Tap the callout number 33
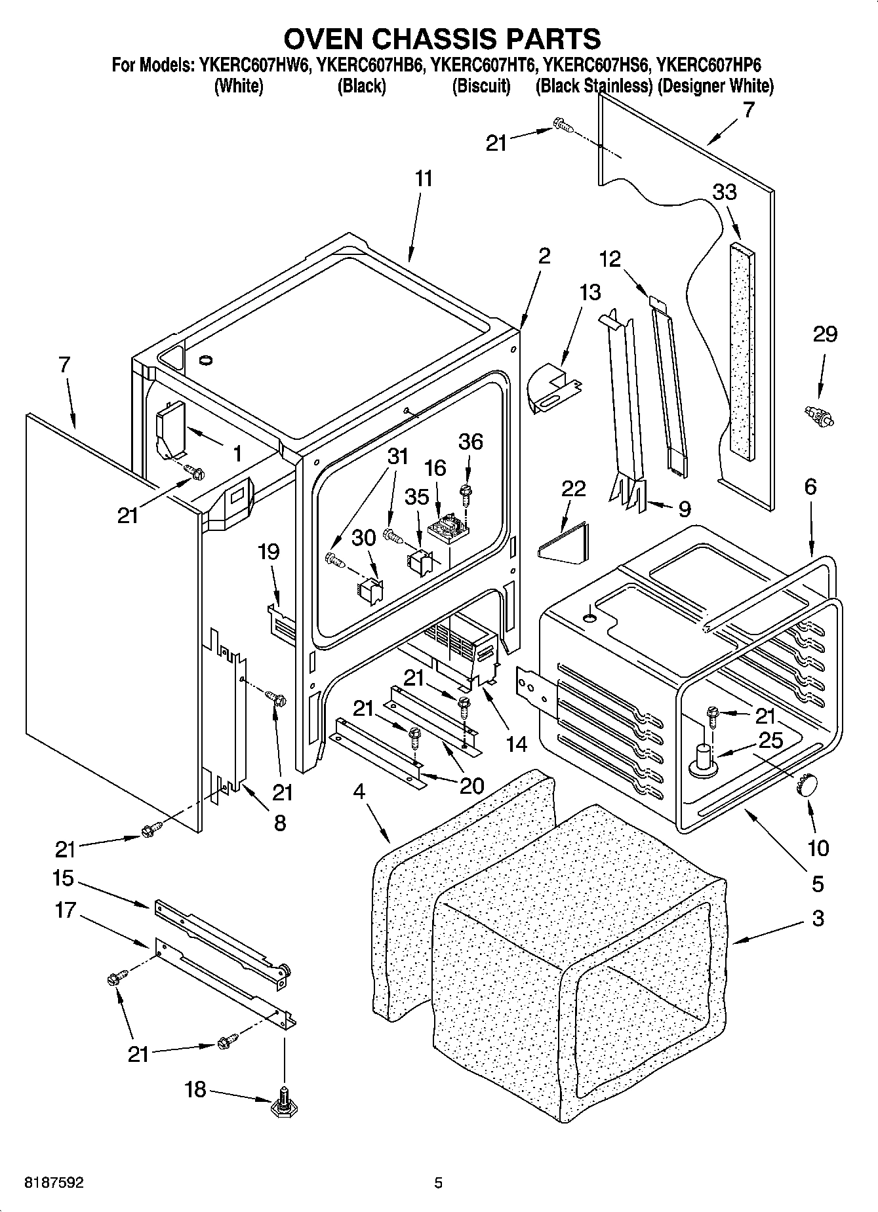pos(725,192)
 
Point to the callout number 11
pos(424,179)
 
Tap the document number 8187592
pos(54,1183)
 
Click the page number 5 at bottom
pos(439,1183)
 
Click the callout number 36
pos(470,442)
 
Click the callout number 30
pos(364,538)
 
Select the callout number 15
pos(64,878)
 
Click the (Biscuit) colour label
pos(481,86)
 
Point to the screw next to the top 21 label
pos(562,125)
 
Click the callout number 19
pos(269,552)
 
